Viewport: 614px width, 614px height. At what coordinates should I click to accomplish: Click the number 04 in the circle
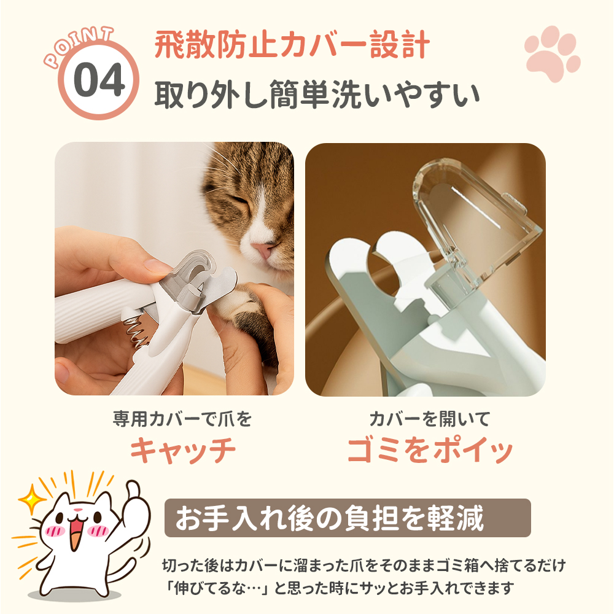pyautogui.click(x=99, y=80)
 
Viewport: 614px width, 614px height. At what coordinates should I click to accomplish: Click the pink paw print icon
pyautogui.click(x=552, y=53)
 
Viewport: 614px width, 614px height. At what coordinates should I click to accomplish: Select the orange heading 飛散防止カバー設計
pyautogui.click(x=292, y=44)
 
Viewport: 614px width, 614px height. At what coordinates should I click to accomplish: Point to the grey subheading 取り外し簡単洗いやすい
pyautogui.click(x=317, y=95)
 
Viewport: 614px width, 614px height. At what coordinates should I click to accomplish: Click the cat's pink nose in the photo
pyautogui.click(x=262, y=249)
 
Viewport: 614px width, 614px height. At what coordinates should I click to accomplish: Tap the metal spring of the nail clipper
pyautogui.click(x=138, y=332)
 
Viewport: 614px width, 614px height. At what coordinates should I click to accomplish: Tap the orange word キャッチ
pyautogui.click(x=183, y=450)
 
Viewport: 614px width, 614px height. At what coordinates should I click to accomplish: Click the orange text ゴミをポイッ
pyautogui.click(x=430, y=450)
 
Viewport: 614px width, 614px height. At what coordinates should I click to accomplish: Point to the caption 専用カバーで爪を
pyautogui.click(x=182, y=419)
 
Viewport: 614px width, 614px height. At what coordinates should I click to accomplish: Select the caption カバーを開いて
pyautogui.click(x=430, y=419)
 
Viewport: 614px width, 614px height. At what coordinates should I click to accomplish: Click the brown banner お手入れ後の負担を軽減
pyautogui.click(x=348, y=518)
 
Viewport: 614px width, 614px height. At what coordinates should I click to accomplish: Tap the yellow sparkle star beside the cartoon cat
pyautogui.click(x=32, y=499)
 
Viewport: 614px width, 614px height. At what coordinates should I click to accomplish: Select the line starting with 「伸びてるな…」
pyautogui.click(x=339, y=588)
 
